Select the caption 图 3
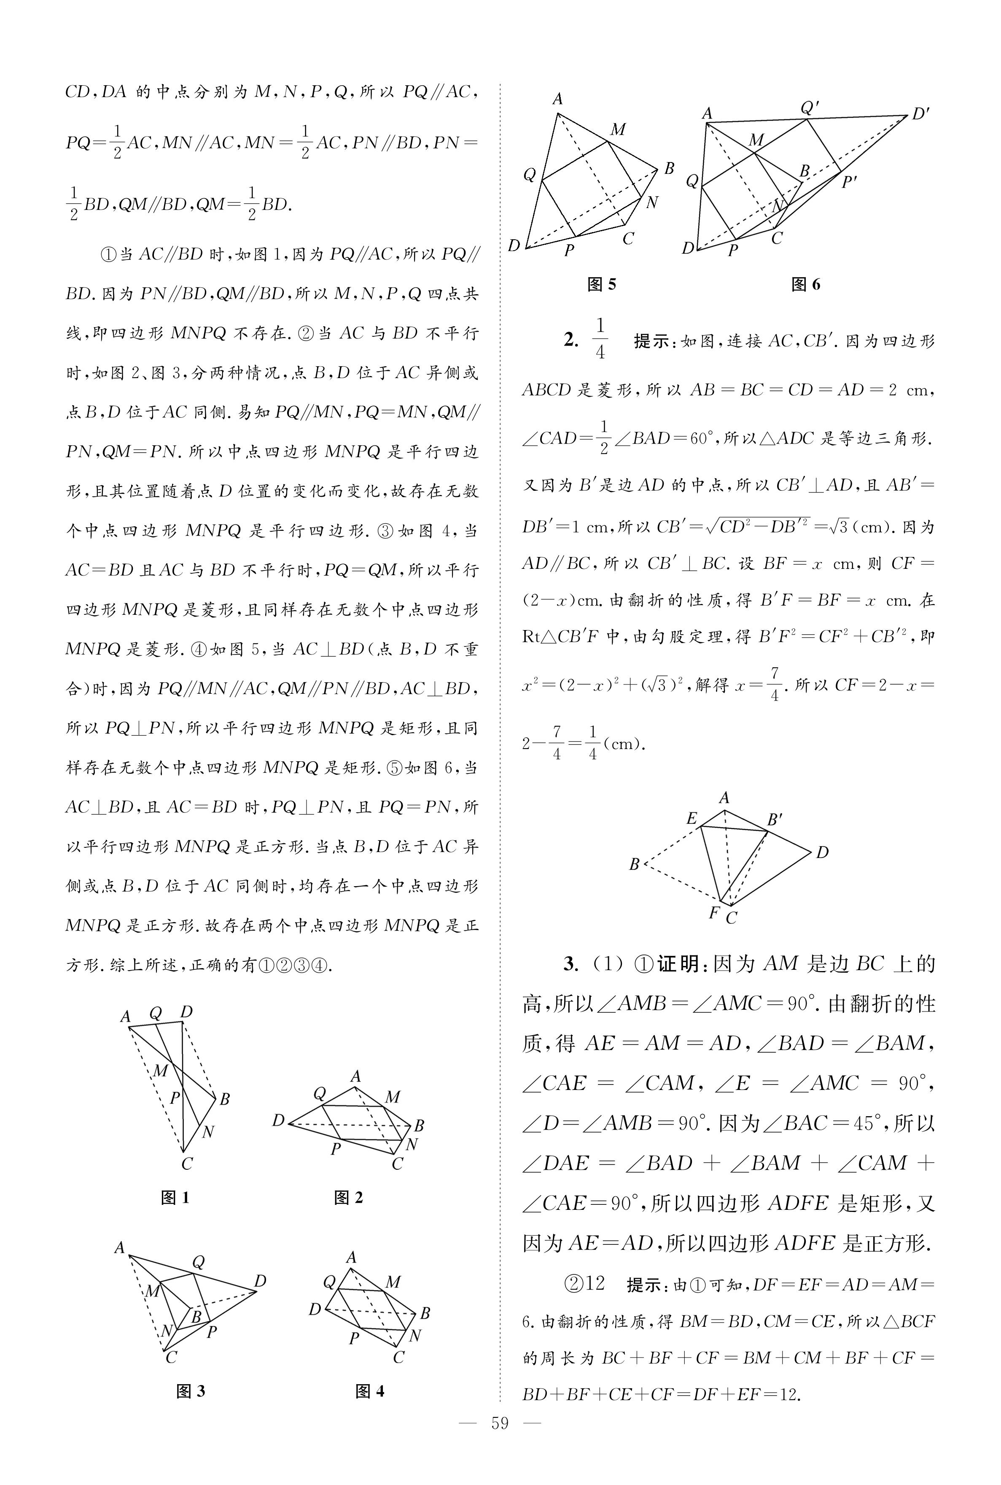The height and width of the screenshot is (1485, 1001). pyautogui.click(x=190, y=1391)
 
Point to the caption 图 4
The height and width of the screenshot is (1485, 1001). pyautogui.click(x=370, y=1391)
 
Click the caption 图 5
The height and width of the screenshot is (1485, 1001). pyautogui.click(x=601, y=285)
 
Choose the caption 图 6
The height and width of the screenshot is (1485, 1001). pyautogui.click(x=806, y=285)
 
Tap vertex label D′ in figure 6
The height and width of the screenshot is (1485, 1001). pyautogui.click(x=920, y=115)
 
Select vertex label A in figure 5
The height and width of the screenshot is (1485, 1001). pyautogui.click(x=558, y=99)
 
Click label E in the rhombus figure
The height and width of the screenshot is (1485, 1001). pyautogui.click(x=692, y=818)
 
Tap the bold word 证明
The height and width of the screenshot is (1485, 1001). pyautogui.click(x=679, y=964)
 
